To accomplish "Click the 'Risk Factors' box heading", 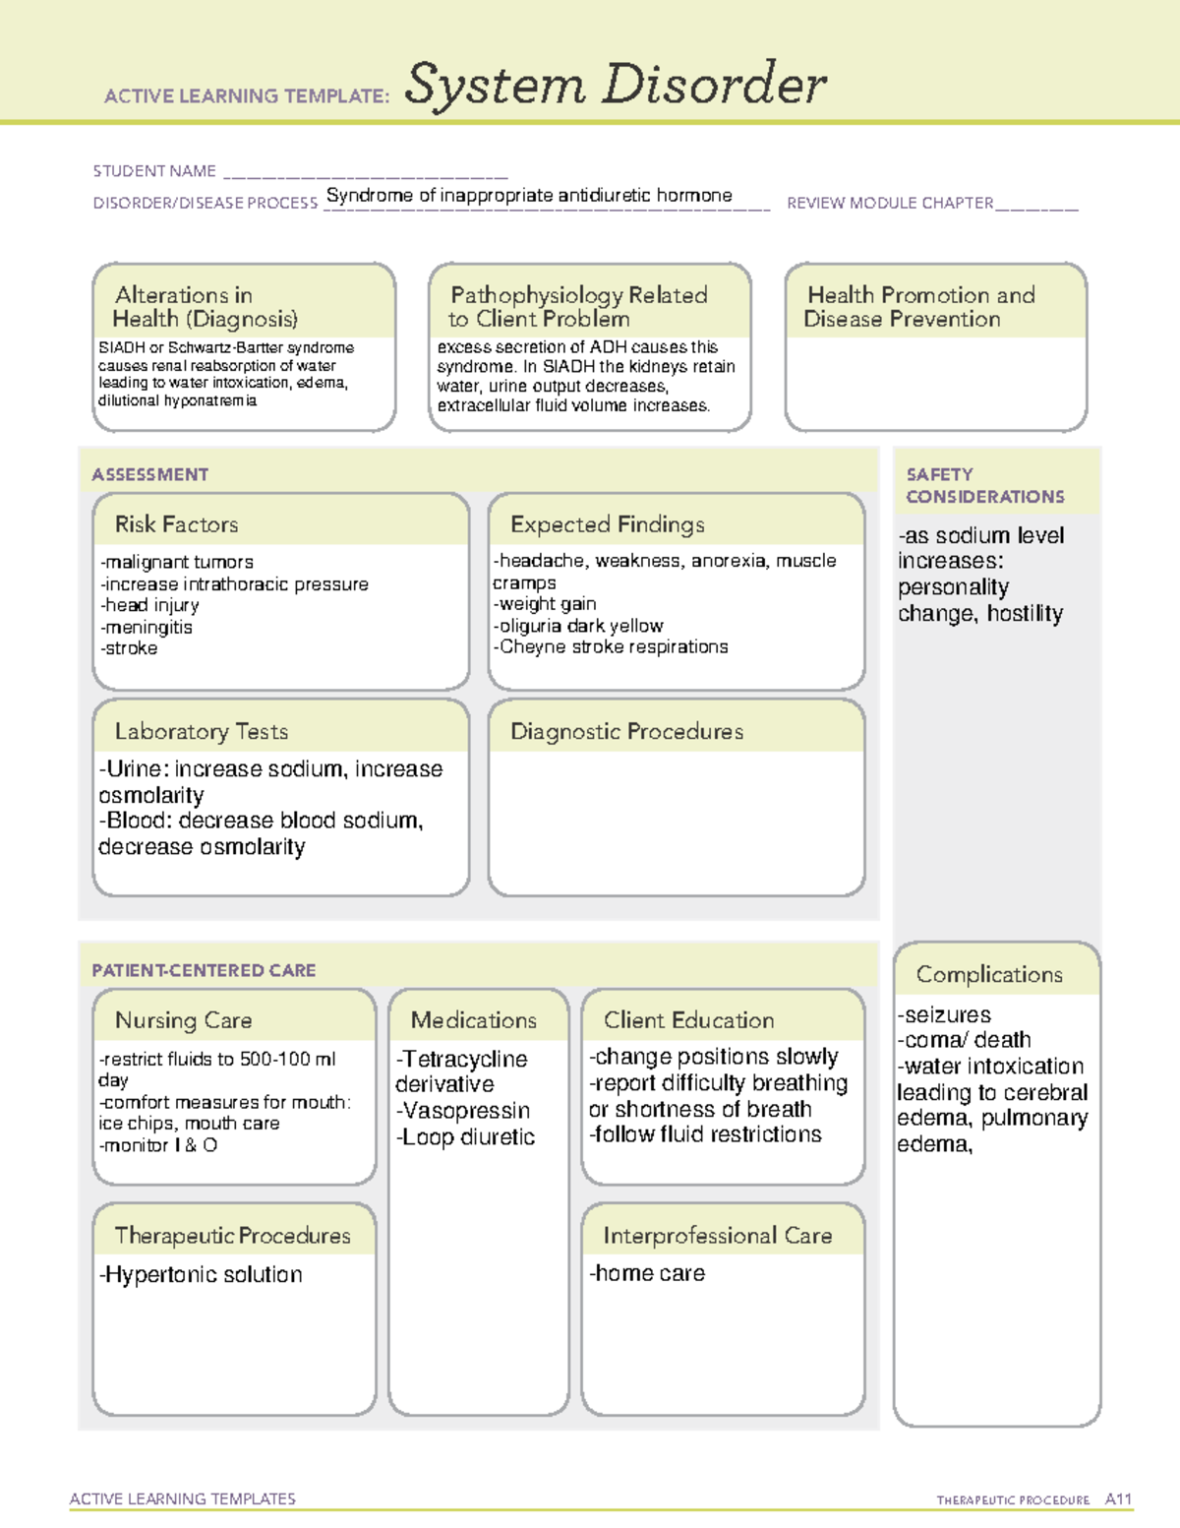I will tap(177, 524).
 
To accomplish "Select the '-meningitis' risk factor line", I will tap(147, 627).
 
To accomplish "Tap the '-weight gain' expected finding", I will tap(546, 604).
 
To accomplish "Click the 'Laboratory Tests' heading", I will tap(202, 731).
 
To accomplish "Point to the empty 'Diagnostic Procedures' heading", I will tap(626, 731).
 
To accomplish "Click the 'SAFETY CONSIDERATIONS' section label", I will tap(984, 485).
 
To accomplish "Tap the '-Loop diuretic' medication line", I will tap(465, 1137).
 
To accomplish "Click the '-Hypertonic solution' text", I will tap(201, 1274).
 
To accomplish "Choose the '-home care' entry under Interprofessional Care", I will tap(647, 1273).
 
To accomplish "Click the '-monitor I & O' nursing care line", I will tap(158, 1145).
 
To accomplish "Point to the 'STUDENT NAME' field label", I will tap(154, 171).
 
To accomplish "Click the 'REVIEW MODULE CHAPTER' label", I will tap(890, 203).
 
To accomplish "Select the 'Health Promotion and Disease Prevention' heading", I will tap(920, 307).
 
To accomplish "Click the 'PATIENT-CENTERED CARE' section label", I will tap(204, 970).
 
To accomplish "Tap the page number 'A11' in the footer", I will tap(1118, 1499).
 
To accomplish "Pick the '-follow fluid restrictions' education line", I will tap(705, 1134).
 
